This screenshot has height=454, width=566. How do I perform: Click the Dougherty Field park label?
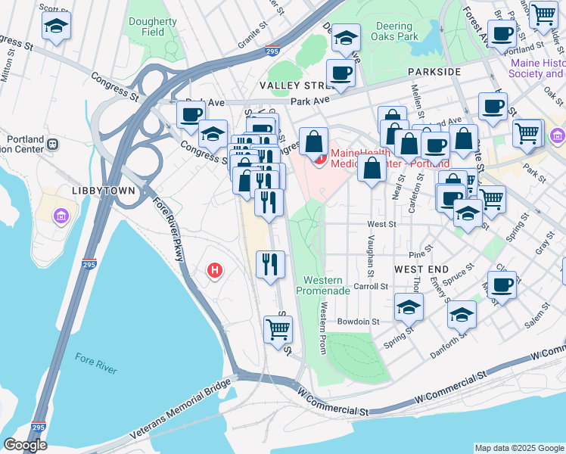coord(152,27)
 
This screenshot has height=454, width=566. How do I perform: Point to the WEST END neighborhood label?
coord(421,269)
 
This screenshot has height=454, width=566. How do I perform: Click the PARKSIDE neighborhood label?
coord(434,71)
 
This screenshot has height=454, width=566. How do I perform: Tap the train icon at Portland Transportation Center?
coord(52,144)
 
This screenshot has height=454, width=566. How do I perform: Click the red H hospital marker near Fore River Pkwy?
coord(215,269)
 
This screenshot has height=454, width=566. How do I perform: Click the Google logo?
coord(25,445)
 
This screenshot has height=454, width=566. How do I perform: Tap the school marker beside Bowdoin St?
coord(408,307)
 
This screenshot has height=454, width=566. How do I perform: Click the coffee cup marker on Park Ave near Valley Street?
coord(340,75)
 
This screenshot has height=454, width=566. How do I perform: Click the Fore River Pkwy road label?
coord(169,229)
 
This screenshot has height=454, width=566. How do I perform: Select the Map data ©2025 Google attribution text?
coord(519,448)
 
